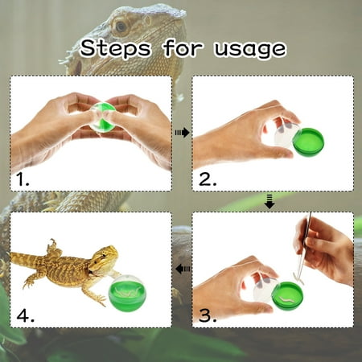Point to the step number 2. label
[x=208, y=179]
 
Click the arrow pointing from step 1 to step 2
[x=182, y=133]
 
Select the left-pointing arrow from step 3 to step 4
[x=183, y=269]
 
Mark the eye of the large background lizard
[x=120, y=26]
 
